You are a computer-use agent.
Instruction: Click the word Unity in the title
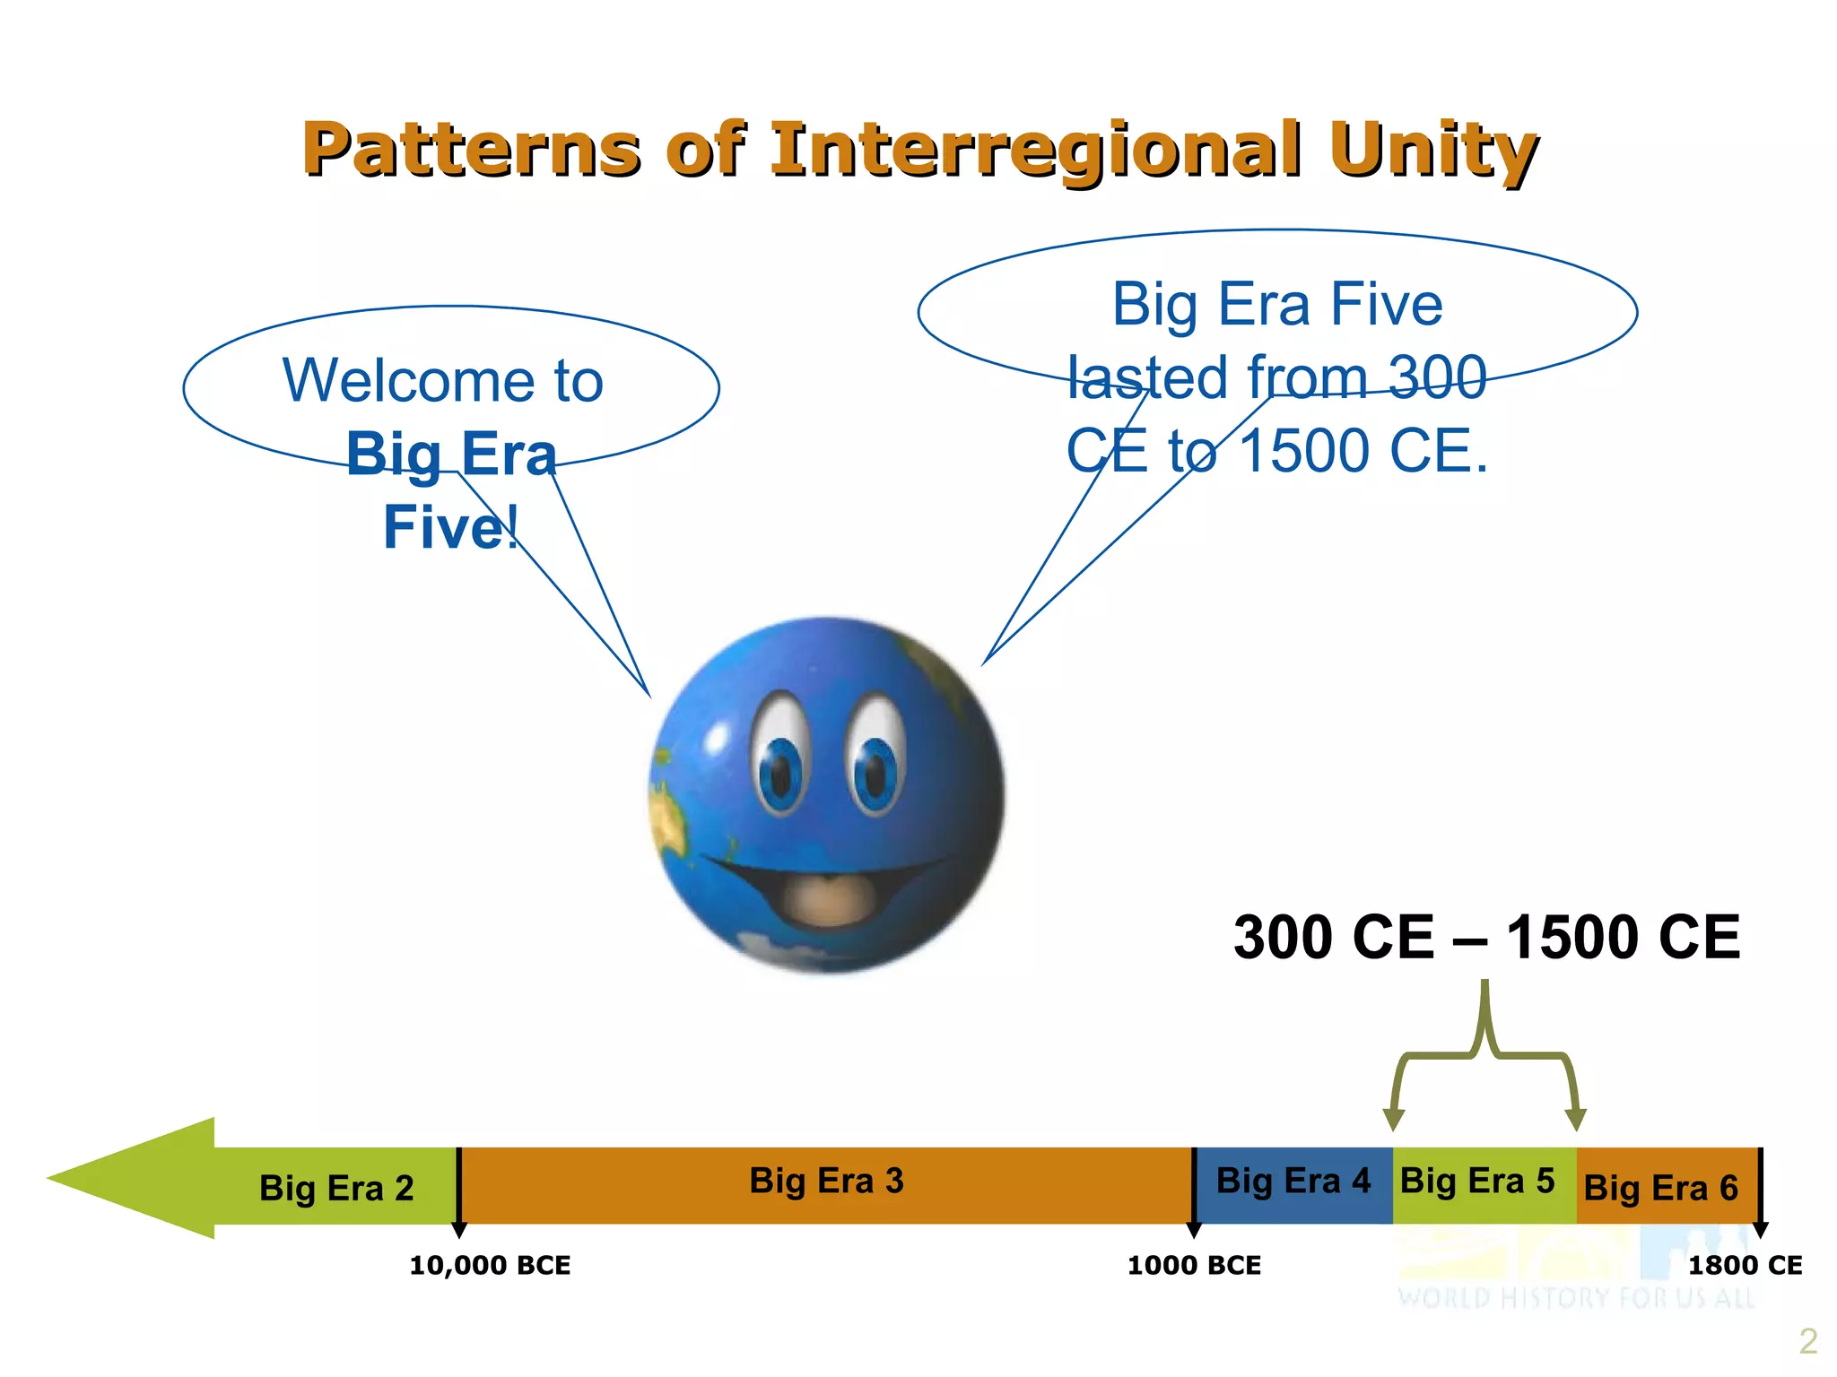point(1433,150)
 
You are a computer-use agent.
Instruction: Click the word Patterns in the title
point(472,150)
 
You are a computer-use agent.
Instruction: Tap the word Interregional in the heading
point(1035,150)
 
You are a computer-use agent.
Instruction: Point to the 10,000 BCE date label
point(490,1266)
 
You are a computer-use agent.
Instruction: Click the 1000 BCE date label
point(1194,1266)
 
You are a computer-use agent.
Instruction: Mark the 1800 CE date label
point(1745,1266)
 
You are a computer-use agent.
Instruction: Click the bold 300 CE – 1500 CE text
point(1486,938)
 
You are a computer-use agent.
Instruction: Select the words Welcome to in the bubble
point(443,381)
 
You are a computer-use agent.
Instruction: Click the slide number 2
point(1807,1341)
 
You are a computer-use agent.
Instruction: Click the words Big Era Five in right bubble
point(1277,305)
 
